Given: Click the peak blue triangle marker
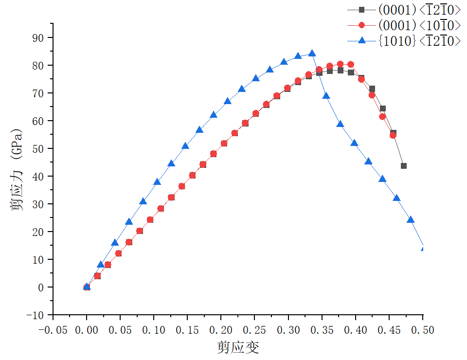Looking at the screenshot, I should (312, 54).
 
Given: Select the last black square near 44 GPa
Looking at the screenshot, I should (403, 166).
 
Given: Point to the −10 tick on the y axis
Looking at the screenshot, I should (37, 315).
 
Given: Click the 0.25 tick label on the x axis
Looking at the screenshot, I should (255, 330).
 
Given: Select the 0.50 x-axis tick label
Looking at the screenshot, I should (423, 330).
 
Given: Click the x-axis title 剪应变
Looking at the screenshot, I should (238, 347).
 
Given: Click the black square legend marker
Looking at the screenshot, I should (361, 10).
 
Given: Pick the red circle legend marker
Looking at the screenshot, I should (361, 25).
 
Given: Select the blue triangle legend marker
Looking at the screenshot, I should (361, 41).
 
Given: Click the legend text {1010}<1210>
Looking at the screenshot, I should (419, 41).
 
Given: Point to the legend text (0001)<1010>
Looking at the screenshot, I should (419, 25).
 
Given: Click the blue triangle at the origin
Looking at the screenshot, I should (87, 287).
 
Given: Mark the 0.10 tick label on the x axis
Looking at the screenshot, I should (154, 330).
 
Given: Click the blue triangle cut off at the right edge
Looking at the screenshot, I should (423, 249).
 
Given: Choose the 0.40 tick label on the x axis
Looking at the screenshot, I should (356, 330).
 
